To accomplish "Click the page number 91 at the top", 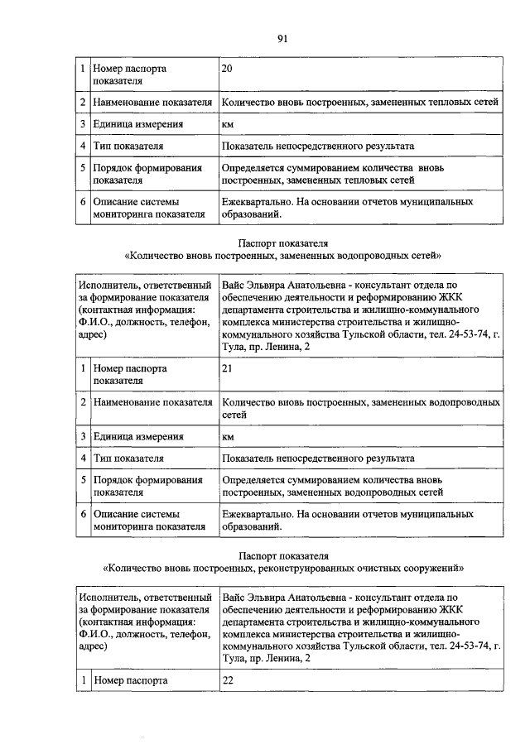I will [x=281, y=37].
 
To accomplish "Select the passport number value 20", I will [x=228, y=69].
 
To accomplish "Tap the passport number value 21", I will [x=228, y=367].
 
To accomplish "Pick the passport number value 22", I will [x=229, y=680].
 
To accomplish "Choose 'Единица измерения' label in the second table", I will [x=137, y=436].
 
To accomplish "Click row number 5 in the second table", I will [x=83, y=480].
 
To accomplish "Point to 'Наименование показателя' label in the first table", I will [x=152, y=103].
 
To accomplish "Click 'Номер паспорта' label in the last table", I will [x=130, y=680].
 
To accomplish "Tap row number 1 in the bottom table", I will [x=83, y=680].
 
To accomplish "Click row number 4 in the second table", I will [x=83, y=458].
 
